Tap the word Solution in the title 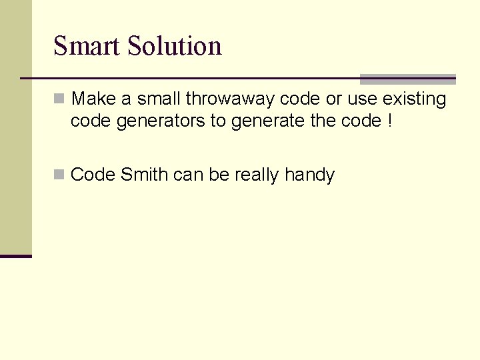(174, 46)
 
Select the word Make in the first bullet (93, 99)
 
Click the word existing (414, 99)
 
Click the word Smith (145, 175)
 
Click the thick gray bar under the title (407, 79)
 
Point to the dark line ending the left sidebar (15, 255)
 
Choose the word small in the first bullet (159, 99)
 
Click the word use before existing (363, 99)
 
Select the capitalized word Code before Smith (93, 175)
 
